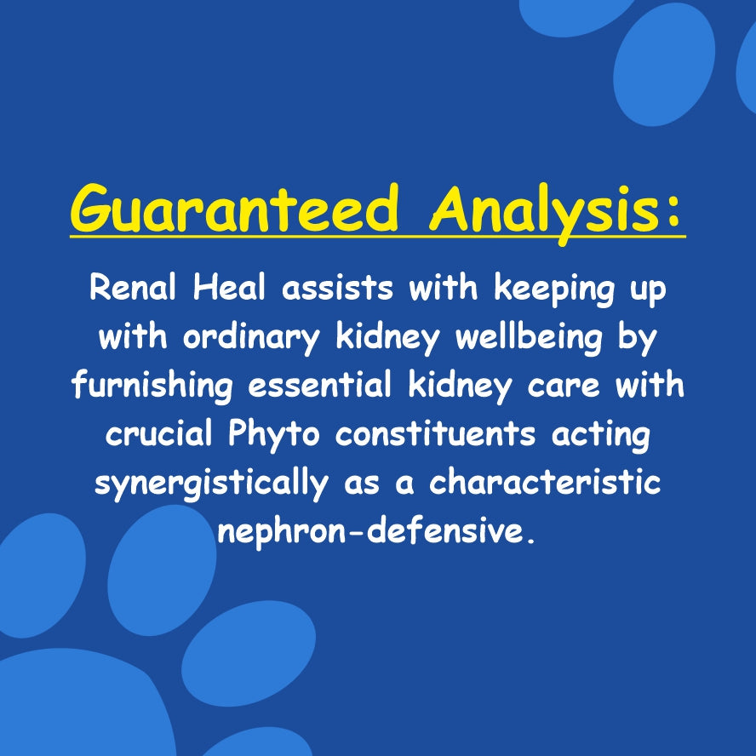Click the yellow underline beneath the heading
(x=378, y=237)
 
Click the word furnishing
(x=152, y=386)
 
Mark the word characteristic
(x=545, y=483)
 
